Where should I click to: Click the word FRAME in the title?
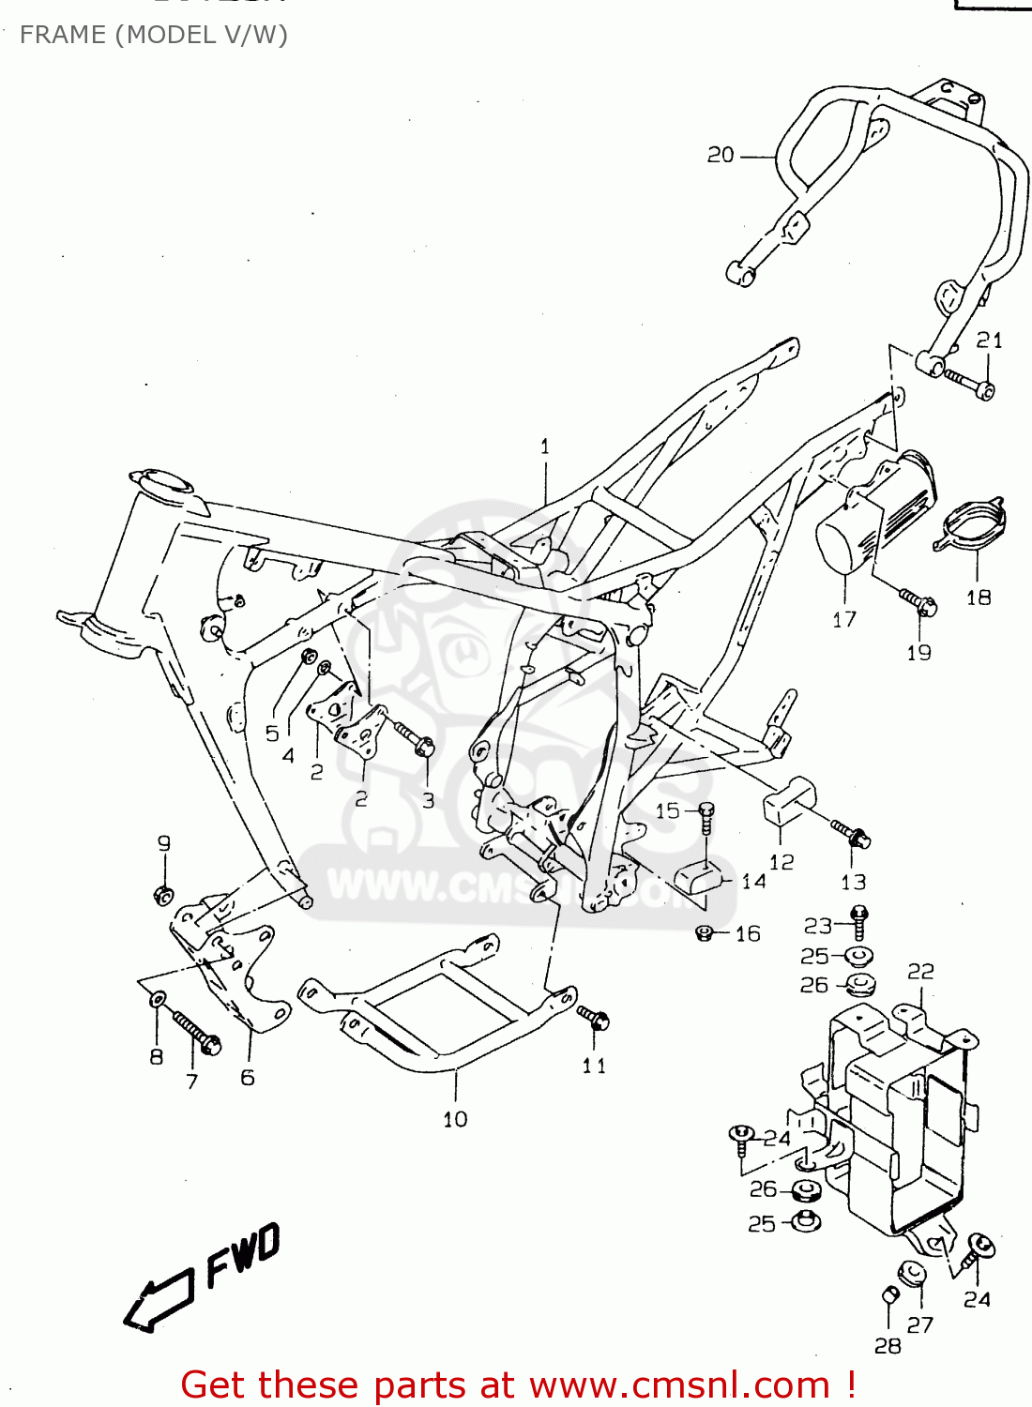[x=63, y=35]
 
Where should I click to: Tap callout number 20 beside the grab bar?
[x=720, y=155]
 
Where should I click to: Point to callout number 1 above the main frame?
[x=545, y=446]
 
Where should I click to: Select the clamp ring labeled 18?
[x=972, y=526]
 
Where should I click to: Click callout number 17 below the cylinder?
[x=843, y=619]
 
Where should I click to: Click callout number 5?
[x=272, y=734]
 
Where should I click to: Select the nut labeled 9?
[x=163, y=894]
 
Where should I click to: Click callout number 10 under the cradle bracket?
[x=455, y=1119]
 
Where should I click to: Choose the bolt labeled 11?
[x=594, y=1017]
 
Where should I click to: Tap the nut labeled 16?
[x=706, y=932]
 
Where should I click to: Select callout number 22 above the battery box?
[x=920, y=971]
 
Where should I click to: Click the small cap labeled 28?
[x=890, y=1295]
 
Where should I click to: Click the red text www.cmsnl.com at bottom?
[x=680, y=1385]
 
